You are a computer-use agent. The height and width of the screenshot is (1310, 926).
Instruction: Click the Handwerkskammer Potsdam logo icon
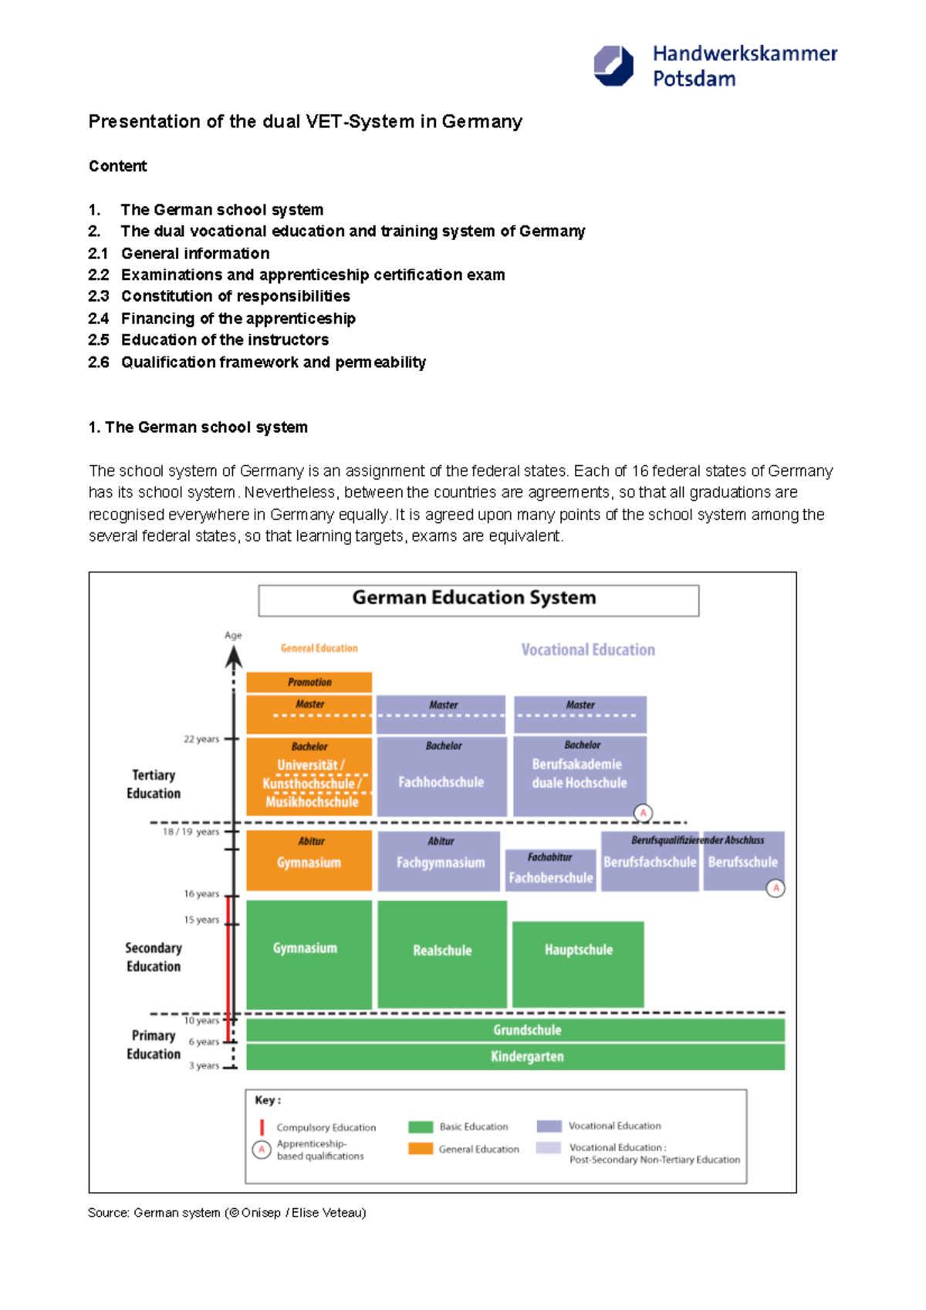point(613,66)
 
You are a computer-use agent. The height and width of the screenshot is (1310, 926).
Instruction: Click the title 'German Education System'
point(474,598)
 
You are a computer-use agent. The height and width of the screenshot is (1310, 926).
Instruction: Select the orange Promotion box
point(309,682)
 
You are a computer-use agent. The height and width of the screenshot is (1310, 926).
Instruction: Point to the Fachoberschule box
point(550,871)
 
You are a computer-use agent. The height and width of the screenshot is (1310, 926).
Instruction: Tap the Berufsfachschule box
point(650,862)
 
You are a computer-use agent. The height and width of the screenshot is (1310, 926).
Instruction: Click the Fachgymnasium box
point(440,861)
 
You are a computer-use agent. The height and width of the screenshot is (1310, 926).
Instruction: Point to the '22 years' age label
point(201,739)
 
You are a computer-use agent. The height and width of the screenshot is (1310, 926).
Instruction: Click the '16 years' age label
point(201,894)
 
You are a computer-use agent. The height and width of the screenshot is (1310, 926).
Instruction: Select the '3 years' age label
point(204,1065)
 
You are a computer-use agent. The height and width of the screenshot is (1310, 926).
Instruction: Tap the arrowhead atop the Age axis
point(234,657)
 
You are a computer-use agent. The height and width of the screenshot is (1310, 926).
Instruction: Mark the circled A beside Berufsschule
point(776,889)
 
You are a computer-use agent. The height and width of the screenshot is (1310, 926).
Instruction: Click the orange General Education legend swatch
point(421,1149)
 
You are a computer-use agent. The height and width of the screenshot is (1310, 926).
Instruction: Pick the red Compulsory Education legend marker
point(262,1127)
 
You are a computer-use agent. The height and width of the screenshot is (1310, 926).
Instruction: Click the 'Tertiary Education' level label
point(154,784)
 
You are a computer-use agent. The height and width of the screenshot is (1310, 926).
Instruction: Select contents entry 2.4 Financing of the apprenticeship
point(238,319)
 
